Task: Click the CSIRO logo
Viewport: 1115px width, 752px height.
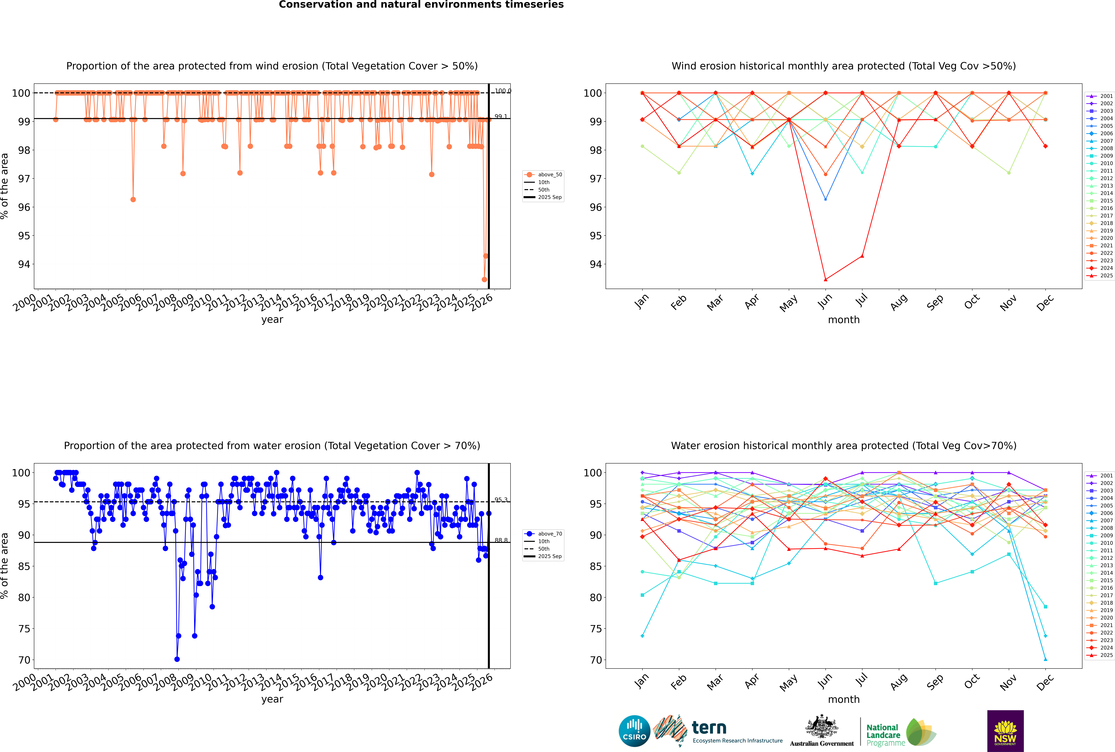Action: tap(634, 731)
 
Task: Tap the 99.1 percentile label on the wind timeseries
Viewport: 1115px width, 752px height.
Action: tap(501, 117)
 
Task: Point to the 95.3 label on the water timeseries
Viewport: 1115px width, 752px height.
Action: tap(501, 500)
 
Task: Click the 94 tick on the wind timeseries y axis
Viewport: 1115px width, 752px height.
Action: tap(24, 264)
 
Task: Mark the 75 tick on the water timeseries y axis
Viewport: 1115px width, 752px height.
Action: tap(24, 629)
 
